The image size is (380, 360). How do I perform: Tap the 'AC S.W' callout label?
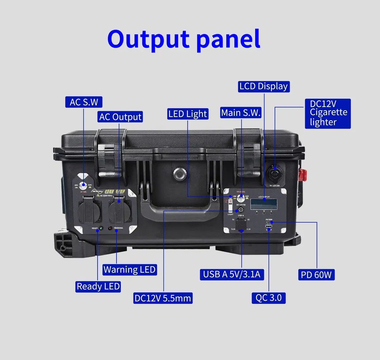pos(84,102)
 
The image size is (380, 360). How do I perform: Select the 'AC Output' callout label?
pos(120,117)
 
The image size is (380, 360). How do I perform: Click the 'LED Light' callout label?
pos(187,114)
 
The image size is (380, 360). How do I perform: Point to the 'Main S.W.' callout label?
pos(241,113)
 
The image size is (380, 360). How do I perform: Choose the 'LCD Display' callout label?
pos(263,86)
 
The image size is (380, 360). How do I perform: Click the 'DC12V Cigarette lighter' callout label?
pos(328,113)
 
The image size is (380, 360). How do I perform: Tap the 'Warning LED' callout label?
pos(129,270)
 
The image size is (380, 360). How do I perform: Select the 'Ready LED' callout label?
pos(98,286)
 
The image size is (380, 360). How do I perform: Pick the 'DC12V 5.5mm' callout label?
pos(163,298)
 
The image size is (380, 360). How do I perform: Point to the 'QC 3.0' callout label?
pos(269,298)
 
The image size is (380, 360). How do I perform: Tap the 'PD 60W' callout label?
pos(317,275)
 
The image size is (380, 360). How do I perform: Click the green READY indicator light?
pos(101,228)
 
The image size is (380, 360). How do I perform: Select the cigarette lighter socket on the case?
pos(275,173)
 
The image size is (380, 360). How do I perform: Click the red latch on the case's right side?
pos(303,175)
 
